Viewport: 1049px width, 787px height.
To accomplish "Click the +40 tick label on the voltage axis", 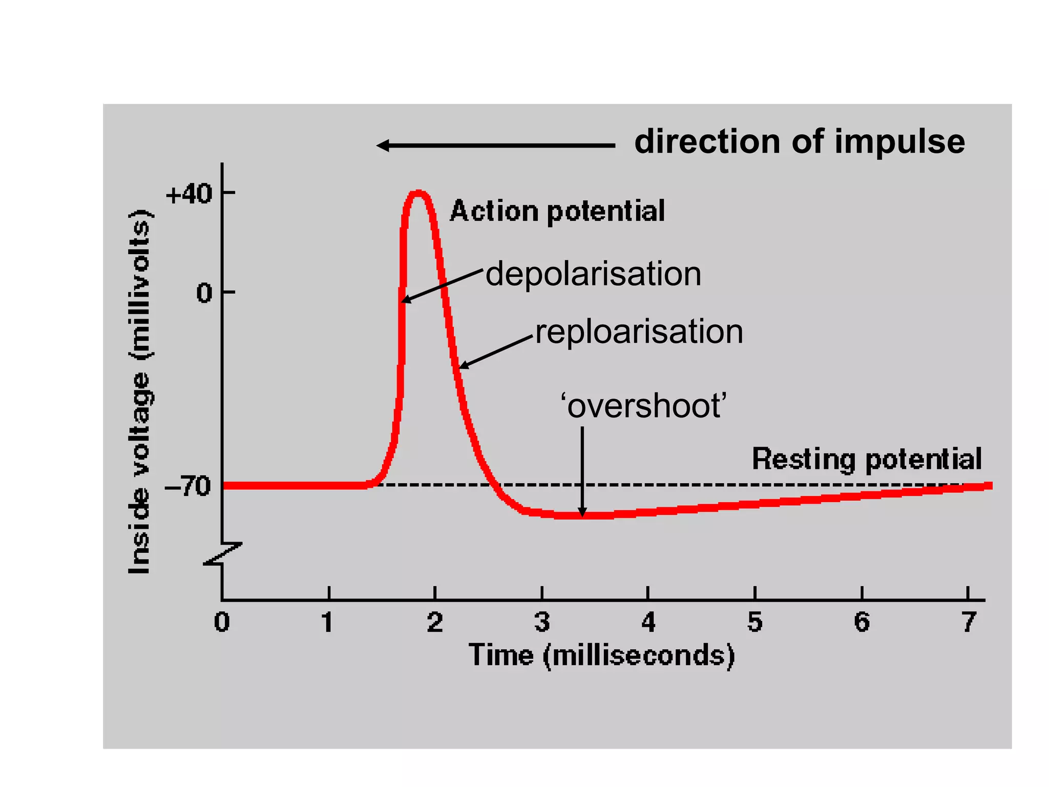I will coord(188,194).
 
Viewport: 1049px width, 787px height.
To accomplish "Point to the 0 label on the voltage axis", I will coord(204,293).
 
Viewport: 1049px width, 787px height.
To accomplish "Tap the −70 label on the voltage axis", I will coord(187,485).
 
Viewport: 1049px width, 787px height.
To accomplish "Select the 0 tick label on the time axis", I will coord(222,622).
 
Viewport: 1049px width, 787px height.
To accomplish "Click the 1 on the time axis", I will coord(327,622).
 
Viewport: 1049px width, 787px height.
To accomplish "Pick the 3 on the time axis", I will coord(542,622).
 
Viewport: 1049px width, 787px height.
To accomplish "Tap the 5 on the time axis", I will coord(755,622).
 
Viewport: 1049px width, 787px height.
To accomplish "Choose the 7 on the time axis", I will coord(969,622).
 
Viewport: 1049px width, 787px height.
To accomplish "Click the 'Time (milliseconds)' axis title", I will coord(602,655).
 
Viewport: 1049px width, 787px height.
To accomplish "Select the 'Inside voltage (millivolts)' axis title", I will coord(139,392).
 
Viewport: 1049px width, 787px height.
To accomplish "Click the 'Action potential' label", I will coord(557,211).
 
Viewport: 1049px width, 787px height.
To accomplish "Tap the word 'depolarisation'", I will coord(593,274).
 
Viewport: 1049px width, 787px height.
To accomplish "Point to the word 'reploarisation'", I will coord(639,332).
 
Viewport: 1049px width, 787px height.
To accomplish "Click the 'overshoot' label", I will coord(644,406).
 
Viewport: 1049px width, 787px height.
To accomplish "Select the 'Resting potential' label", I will coord(867,459).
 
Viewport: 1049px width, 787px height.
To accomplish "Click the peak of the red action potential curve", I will coord(418,193).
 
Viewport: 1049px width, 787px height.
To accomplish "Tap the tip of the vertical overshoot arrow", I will coord(582,514).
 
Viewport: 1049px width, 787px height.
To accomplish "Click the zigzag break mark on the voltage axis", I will coord(222,554).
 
